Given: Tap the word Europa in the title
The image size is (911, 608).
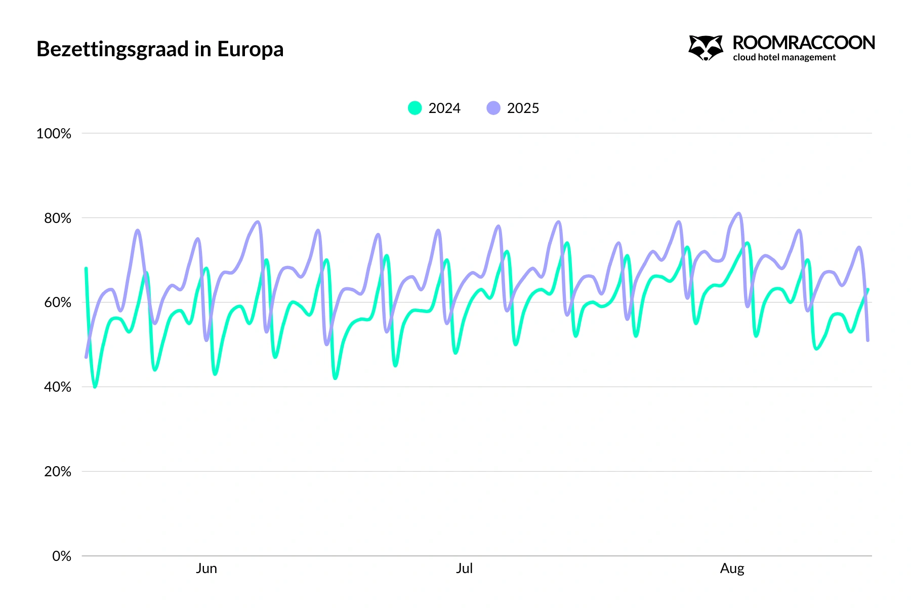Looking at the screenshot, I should click(250, 50).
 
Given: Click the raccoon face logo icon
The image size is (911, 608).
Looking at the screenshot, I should click(706, 48).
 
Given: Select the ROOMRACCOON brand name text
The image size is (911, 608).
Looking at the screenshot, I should click(803, 43).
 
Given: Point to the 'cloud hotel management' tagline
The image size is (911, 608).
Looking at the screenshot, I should click(784, 57).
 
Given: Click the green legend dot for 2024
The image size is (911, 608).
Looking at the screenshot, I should click(415, 108).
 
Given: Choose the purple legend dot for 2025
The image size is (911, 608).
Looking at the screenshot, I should click(493, 108).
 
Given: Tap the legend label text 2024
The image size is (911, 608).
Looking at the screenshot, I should click(444, 108).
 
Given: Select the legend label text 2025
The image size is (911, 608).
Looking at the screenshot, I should click(523, 108).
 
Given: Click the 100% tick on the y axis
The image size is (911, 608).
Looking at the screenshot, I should click(54, 134).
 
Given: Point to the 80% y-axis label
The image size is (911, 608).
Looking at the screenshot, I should click(57, 218).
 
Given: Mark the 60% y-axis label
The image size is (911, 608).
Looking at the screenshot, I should click(57, 302).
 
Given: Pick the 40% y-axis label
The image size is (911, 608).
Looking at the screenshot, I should click(57, 387).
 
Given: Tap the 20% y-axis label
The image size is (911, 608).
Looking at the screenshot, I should click(57, 472).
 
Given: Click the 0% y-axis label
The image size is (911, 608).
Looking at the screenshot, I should click(61, 556).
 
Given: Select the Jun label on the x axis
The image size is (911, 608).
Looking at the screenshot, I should click(206, 568).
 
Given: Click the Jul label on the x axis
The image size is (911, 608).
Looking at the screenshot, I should click(464, 568).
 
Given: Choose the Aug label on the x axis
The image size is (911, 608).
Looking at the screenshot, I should click(732, 568).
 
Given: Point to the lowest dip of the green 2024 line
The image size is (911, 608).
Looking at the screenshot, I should click(95, 387).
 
